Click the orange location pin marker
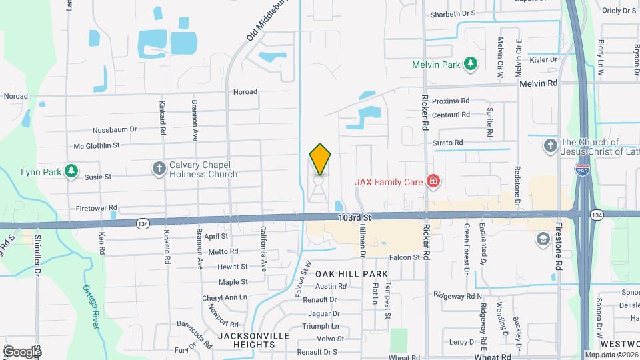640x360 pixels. [x=320, y=160]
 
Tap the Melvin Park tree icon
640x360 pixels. [x=471, y=64]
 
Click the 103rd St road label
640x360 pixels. [x=353, y=217]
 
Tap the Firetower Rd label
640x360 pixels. [x=97, y=208]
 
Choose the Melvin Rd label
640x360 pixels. [x=539, y=83]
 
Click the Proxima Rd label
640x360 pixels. [x=451, y=101]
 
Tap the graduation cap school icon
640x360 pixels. [x=543, y=238]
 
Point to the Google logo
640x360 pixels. [x=22, y=351]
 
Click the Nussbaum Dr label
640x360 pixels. [x=115, y=129]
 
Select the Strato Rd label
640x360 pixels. [x=447, y=143]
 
